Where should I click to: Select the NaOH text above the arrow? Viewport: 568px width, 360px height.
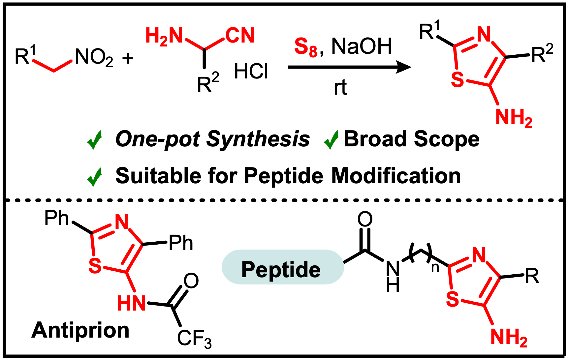pyautogui.click(x=362, y=46)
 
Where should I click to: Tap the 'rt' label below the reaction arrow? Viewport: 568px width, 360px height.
pyautogui.click(x=340, y=88)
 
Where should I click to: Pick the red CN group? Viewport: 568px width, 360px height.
pyautogui.click(x=240, y=35)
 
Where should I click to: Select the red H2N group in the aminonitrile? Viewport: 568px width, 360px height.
pyautogui.click(x=164, y=36)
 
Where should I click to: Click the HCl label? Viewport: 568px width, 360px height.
pyautogui.click(x=251, y=71)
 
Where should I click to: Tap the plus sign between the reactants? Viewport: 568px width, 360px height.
pyautogui.click(x=128, y=59)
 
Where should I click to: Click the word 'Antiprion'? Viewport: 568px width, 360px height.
pyautogui.click(x=80, y=330)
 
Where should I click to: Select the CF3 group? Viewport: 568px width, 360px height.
pyautogui.click(x=194, y=339)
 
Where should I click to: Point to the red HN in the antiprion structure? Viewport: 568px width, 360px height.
pyautogui.click(x=131, y=303)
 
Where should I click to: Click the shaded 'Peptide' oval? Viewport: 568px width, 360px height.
pyautogui.click(x=283, y=267)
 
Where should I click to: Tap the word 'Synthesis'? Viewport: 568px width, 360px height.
pyautogui.click(x=258, y=139)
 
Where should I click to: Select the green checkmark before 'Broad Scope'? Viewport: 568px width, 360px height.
pyautogui.click(x=331, y=139)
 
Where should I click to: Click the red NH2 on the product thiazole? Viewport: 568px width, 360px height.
pyautogui.click(x=514, y=118)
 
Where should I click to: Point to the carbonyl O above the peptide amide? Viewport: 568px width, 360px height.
pyautogui.click(x=365, y=219)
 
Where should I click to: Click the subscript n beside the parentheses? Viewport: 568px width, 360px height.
pyautogui.click(x=435, y=267)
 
